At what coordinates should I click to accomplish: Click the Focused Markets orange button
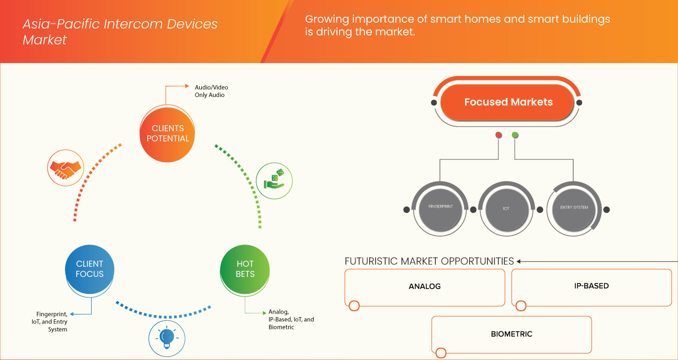coord(508,102)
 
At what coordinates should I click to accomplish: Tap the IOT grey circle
coord(506,208)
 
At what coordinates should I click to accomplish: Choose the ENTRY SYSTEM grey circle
coord(574,208)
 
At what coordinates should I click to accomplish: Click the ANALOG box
coord(424,287)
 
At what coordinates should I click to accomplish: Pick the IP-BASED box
coord(591,286)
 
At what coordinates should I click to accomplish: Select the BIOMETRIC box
coord(511,335)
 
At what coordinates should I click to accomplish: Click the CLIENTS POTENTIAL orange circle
coord(167,133)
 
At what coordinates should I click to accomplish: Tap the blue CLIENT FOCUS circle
coord(90,269)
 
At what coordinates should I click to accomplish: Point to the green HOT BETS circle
coord(245,269)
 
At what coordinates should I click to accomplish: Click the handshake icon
coord(65,168)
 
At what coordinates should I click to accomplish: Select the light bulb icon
coord(166,338)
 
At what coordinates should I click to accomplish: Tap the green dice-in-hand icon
coord(274,181)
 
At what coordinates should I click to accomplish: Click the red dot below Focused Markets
coord(498,136)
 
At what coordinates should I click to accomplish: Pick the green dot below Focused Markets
coord(515,136)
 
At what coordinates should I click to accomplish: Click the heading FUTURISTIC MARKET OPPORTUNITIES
coord(429,261)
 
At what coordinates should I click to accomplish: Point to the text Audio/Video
coord(211,87)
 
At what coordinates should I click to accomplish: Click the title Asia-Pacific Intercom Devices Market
coord(120,32)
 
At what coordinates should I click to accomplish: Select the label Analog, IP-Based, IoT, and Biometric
coord(291,319)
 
